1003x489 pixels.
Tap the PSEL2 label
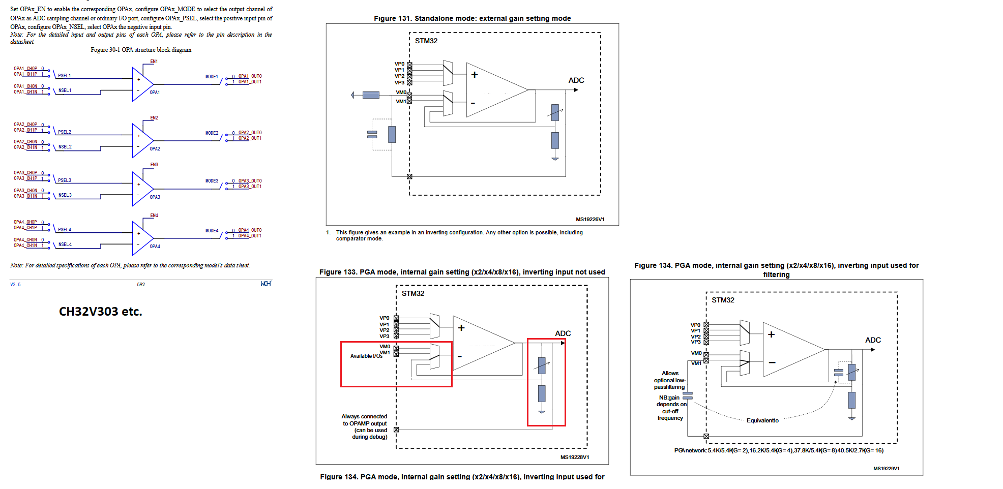coord(65,132)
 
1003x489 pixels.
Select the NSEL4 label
coord(65,244)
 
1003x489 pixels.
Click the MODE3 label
coord(212,181)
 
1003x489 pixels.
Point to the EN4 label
coord(154,216)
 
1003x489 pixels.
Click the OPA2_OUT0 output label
coord(250,133)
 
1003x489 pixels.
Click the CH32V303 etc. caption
coord(100,312)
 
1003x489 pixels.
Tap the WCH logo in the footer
coord(265,284)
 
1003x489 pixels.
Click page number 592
coord(141,285)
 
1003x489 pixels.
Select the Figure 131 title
coord(472,18)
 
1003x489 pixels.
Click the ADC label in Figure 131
coord(576,80)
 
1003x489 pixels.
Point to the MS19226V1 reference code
coord(590,220)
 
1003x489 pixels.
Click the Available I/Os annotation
coord(366,356)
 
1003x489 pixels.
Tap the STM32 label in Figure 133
coord(412,294)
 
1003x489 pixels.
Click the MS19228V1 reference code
coord(575,457)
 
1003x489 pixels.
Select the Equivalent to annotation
coord(762,420)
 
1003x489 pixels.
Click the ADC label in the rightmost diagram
coord(873,340)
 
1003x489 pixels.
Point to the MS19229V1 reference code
coord(886,469)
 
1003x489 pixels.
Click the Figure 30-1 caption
coord(141,50)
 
